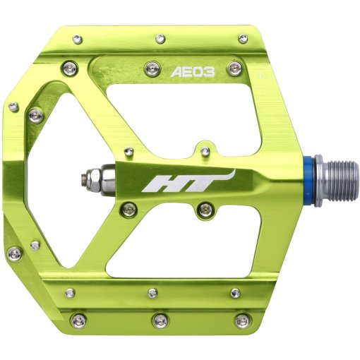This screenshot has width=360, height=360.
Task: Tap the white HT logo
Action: pos(186,182)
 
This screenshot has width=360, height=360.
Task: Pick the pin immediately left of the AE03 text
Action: pos(150,68)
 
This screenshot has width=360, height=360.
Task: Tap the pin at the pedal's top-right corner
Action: pos(244,38)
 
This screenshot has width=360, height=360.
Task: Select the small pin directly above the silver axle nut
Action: pos(129,150)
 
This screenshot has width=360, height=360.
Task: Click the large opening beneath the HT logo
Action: pos(176,244)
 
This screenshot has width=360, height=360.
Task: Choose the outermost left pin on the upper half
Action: pos(13,107)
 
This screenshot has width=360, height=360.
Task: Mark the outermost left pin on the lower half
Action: pos(13,252)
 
